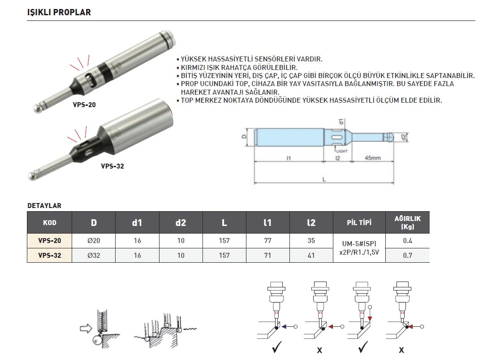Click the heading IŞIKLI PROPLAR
pos(59,12)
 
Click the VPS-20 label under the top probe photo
pos(84,105)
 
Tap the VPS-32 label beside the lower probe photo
pos(112,166)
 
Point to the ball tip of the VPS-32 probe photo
pos(32,176)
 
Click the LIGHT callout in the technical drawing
pos(342,151)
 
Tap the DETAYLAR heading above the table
pos(44,206)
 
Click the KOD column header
pos(50,222)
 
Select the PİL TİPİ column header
pos(359,222)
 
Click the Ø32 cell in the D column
pos(93,255)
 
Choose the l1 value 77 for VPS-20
pos(268,241)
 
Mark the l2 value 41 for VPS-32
pos(311,255)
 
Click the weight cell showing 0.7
pos(407,255)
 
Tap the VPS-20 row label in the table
pos(50,241)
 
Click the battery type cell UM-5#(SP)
pos(359,243)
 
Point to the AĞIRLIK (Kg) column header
pos(407,222)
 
